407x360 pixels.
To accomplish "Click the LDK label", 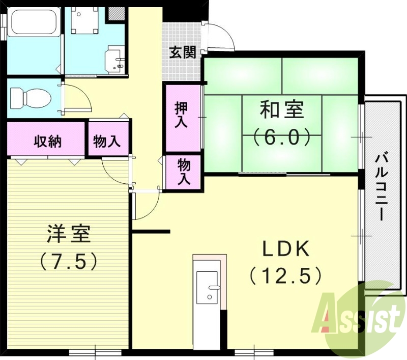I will pos(286,248).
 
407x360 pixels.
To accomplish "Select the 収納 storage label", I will pos(48,141).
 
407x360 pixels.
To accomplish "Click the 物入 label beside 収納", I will pos(107,141).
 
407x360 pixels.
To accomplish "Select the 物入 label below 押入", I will pos(184,172).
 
